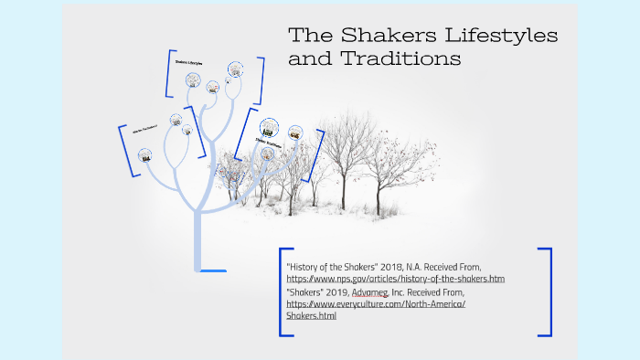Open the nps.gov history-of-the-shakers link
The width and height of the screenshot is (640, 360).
395,278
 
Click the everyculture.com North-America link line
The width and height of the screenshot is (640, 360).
376,303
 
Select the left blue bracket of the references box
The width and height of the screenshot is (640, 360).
283,291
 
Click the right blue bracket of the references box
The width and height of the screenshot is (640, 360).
546,291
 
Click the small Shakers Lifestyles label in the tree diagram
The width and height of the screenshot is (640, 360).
189,63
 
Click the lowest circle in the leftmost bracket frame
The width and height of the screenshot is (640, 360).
144,155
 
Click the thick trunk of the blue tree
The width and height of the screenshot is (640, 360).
198,228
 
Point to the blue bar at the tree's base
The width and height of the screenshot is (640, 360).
211,270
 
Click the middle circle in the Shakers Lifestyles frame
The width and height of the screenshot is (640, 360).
213,88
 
